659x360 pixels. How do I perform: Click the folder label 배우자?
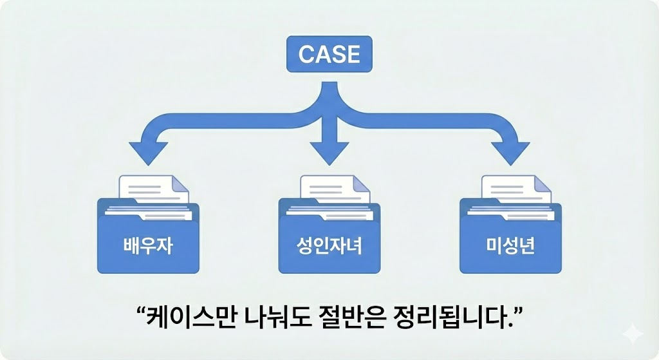pos(149,245)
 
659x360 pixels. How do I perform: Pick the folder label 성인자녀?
pos(329,245)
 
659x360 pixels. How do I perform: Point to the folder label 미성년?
pos(510,245)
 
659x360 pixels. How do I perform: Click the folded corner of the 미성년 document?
pos(544,182)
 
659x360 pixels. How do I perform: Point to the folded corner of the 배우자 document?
pos(181,182)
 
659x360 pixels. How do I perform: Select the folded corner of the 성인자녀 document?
pos(362,182)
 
